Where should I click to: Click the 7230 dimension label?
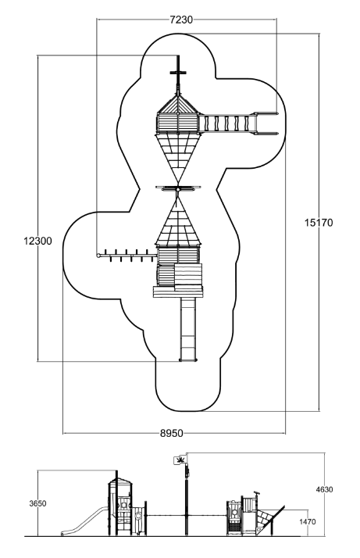181,20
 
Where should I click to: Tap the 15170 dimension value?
319,223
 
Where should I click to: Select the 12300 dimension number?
37,241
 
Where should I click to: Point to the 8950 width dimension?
172,433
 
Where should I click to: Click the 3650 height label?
37,503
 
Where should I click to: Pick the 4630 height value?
324,490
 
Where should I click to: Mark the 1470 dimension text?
307,522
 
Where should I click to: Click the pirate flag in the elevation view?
179,460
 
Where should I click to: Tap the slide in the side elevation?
84,521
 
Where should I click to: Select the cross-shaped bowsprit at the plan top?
179,73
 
